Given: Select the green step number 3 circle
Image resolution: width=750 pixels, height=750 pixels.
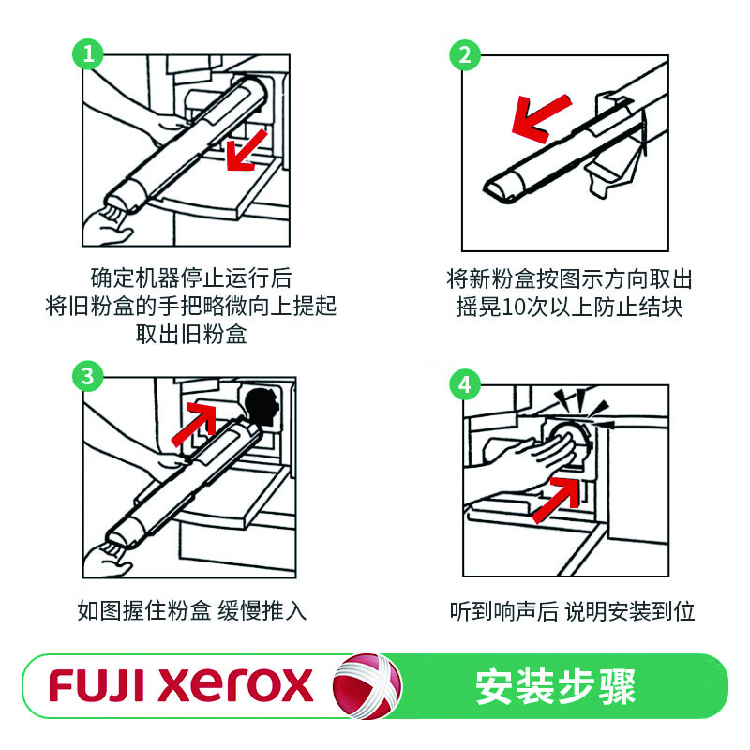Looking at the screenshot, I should [88, 376].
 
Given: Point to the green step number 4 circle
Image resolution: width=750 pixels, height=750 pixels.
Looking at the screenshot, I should [464, 382].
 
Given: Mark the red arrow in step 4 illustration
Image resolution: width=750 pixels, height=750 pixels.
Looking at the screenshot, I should [554, 497].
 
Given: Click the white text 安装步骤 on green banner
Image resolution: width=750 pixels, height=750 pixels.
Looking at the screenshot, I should [555, 686].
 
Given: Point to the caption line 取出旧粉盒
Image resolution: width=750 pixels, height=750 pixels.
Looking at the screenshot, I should [191, 335].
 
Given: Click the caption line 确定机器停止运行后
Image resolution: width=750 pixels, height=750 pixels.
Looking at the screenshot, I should [191, 278].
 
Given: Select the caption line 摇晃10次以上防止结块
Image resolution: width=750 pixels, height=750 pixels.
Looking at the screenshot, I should [564, 307].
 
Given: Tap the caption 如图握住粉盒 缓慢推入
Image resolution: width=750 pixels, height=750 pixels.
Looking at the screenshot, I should [191, 611].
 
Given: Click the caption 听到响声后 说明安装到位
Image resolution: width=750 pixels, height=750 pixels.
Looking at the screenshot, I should [572, 611].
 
